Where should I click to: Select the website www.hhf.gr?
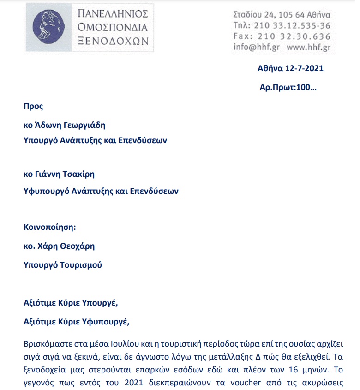[308, 47]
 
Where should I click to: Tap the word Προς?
[33, 106]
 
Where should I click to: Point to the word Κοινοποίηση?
[49, 227]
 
